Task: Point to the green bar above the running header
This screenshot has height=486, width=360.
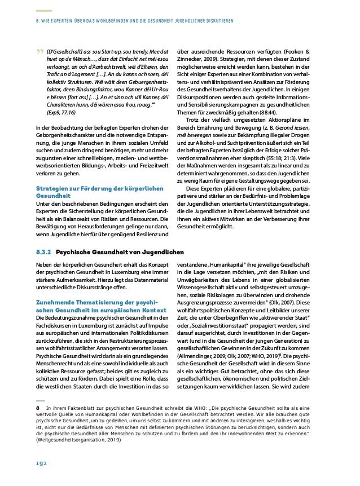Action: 43,11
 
